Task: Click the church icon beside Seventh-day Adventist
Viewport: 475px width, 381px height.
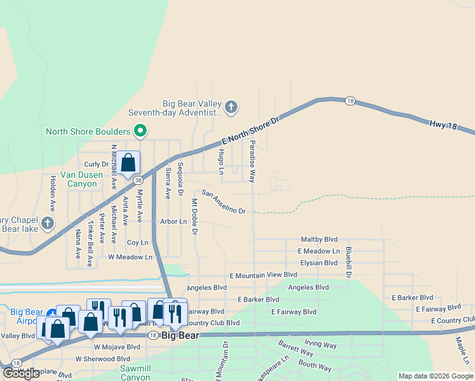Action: tap(231, 107)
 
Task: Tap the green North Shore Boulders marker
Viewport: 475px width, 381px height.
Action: tap(140, 132)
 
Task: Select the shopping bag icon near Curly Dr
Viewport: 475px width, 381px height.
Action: tap(128, 163)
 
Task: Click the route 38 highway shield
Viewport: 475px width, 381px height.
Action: tap(138, 180)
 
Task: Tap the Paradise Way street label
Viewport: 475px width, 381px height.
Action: tap(252, 162)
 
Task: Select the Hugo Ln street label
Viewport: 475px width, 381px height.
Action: tap(221, 162)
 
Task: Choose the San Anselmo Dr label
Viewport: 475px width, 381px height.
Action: tap(224, 201)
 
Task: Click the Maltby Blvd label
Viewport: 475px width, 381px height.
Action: tap(319, 240)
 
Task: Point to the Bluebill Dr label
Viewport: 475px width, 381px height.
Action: tap(349, 262)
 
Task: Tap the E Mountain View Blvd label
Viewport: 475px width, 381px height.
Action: tap(263, 275)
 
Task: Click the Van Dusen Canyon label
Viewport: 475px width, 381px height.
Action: tap(79, 179)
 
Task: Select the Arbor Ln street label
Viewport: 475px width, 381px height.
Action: tap(173, 222)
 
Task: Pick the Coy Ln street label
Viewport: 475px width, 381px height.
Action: tap(137, 243)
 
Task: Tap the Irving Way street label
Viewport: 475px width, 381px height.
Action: tap(321, 344)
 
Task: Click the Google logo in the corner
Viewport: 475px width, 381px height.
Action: tap(22, 373)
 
